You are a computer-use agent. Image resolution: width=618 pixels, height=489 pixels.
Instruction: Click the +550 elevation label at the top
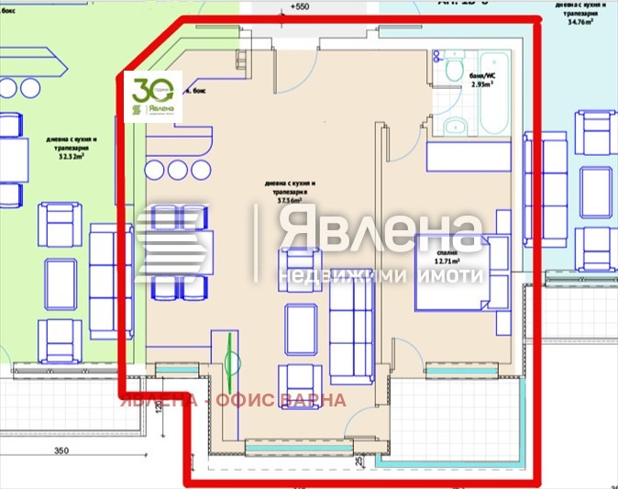pyautogui.click(x=298, y=7)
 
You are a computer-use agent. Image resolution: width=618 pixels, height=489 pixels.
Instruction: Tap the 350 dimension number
pyautogui.click(x=61, y=451)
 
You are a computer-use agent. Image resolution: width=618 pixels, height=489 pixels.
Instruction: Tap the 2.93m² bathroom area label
pyautogui.click(x=482, y=83)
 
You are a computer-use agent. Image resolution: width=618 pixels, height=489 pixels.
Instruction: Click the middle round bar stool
pyautogui.click(x=177, y=169)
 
